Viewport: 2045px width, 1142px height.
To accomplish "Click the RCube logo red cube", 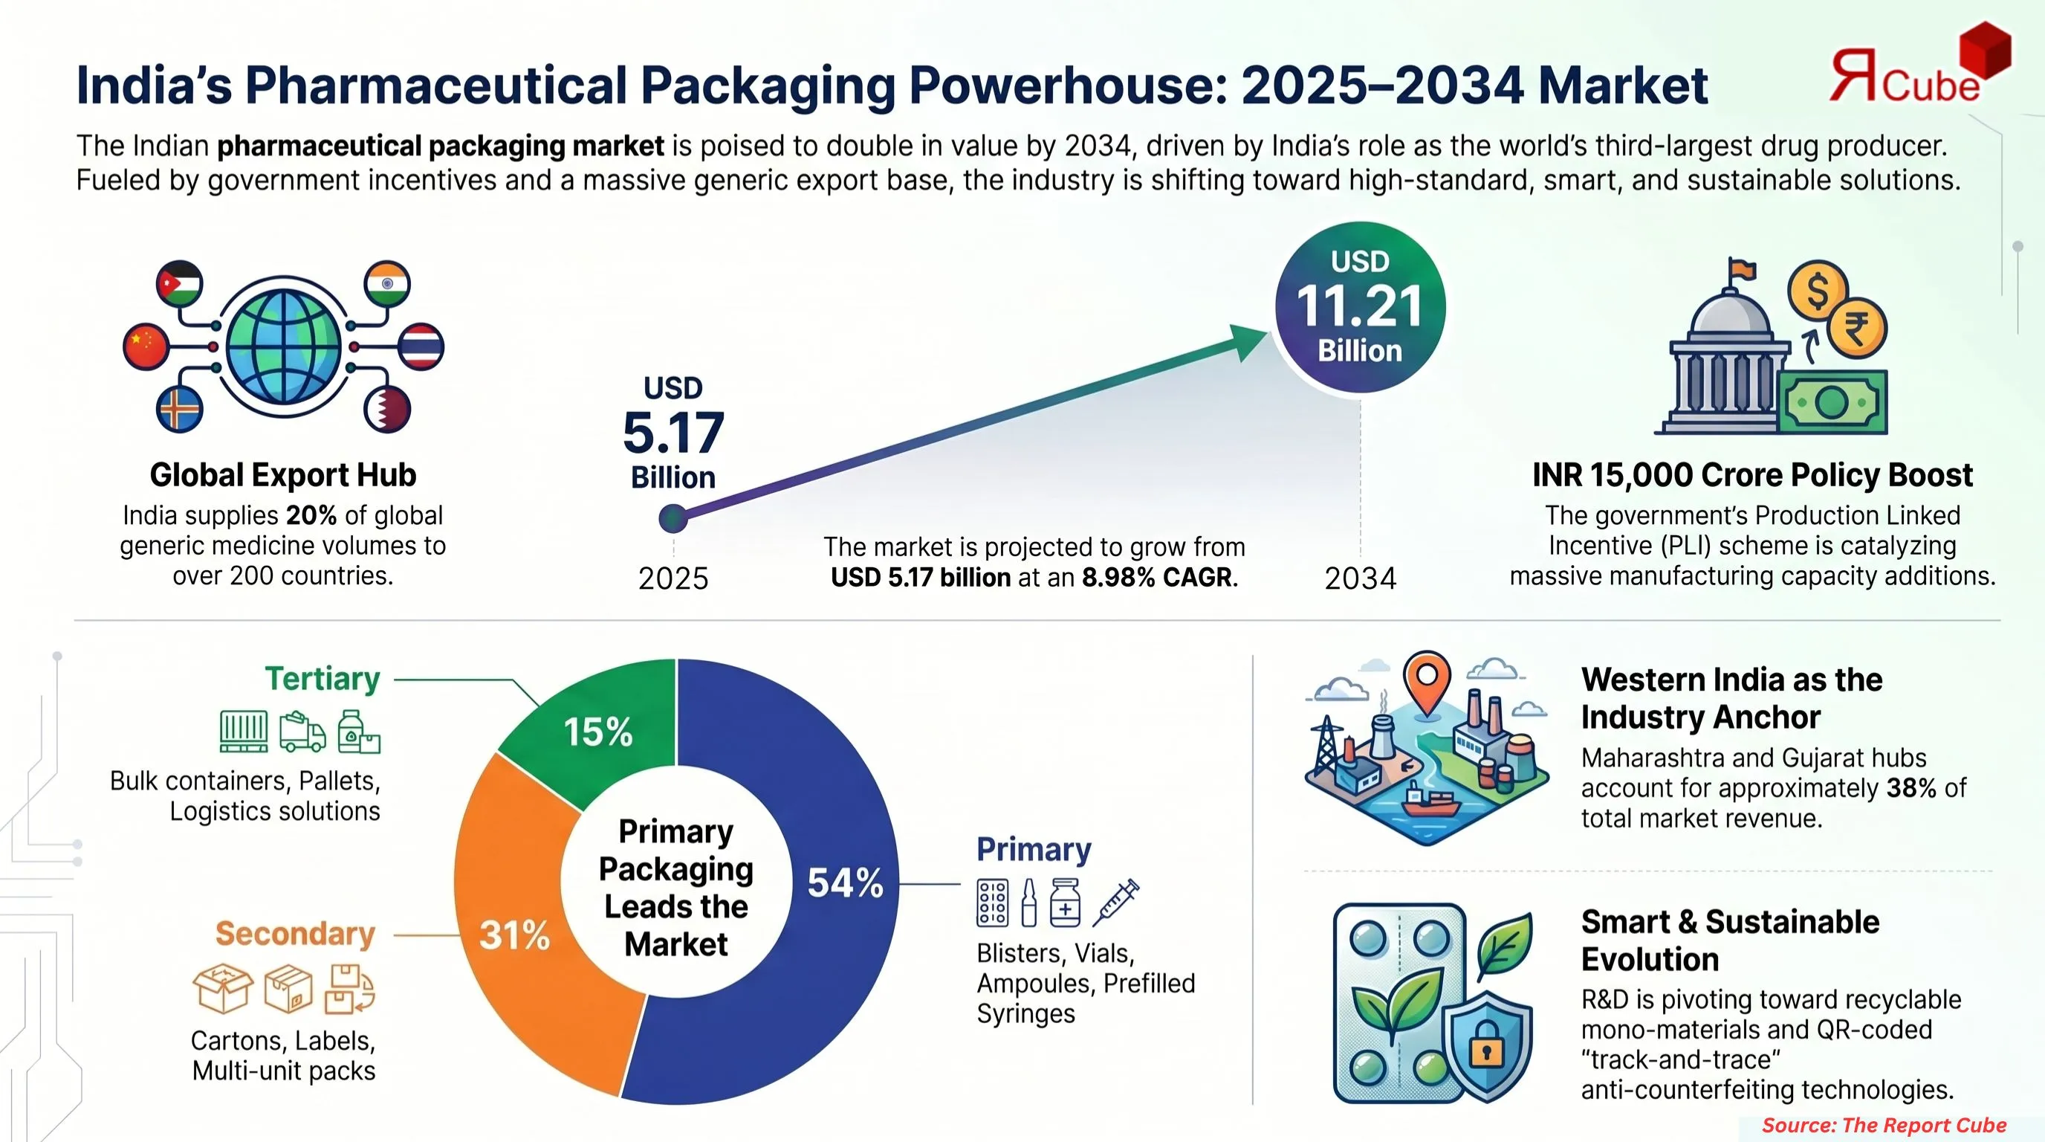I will [x=1984, y=50].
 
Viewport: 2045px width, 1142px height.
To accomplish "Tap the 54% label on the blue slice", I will [x=845, y=883].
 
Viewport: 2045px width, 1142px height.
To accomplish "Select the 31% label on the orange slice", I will [x=514, y=935].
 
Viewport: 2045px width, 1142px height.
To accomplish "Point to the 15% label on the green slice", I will [x=597, y=732].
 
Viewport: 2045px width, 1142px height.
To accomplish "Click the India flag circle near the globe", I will [x=386, y=283].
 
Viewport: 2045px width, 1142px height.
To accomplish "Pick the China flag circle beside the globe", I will [x=146, y=346].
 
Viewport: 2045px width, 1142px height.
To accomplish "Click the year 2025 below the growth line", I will [x=673, y=578].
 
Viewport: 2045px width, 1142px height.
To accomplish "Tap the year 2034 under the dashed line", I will [x=1360, y=578].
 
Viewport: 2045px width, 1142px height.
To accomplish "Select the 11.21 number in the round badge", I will [x=1360, y=306].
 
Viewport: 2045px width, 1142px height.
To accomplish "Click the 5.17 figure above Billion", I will [x=673, y=433].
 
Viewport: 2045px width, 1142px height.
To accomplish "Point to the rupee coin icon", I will [x=1856, y=328].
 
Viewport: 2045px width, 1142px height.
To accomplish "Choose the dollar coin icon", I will [x=1817, y=290].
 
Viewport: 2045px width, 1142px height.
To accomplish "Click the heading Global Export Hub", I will [x=282, y=475].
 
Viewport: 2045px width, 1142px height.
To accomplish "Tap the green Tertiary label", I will [x=323, y=679].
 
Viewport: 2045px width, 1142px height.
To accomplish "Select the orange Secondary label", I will [x=294, y=934].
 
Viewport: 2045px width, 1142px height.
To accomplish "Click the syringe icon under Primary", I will [x=1115, y=903].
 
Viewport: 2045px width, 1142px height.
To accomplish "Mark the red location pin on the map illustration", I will [x=1427, y=680].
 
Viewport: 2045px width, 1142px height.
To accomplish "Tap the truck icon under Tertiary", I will [x=302, y=732].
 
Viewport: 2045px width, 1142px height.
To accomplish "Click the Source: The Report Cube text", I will [x=1884, y=1126].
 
